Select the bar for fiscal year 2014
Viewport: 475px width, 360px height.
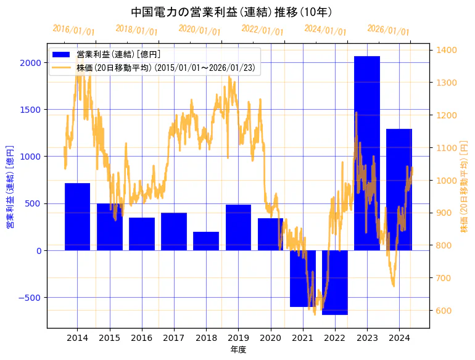click(77, 216)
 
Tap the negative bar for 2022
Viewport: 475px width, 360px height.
click(335, 282)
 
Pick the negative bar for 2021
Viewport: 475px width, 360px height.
click(303, 278)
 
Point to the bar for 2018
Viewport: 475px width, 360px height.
click(206, 241)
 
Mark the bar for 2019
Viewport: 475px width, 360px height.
click(238, 227)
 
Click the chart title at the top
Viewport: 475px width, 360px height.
click(231, 12)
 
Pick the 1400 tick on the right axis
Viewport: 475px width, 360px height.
click(447, 51)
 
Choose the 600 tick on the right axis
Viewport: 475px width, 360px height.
click(444, 311)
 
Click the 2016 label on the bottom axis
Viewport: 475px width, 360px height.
click(142, 338)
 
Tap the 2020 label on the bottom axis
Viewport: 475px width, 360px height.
click(270, 338)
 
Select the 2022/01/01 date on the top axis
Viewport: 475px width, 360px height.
click(262, 30)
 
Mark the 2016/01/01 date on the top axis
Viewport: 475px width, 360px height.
click(74, 30)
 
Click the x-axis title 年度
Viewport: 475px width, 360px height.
click(238, 350)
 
